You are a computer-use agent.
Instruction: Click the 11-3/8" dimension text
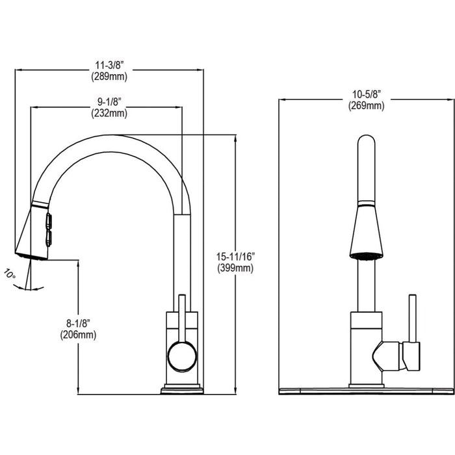[109, 65]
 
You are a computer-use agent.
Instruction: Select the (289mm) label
[109, 76]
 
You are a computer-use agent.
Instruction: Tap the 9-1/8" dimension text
[109, 102]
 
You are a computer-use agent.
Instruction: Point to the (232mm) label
[109, 113]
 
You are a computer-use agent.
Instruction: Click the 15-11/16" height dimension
[235, 257]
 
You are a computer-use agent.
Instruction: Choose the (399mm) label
[235, 268]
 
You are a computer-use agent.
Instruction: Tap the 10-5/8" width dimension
[366, 95]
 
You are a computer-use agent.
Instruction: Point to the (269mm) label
[366, 106]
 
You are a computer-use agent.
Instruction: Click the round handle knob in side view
[181, 357]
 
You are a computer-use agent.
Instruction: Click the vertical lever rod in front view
[411, 318]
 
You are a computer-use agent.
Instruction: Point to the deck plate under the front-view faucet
[366, 391]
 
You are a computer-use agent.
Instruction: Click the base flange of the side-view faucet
[182, 389]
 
